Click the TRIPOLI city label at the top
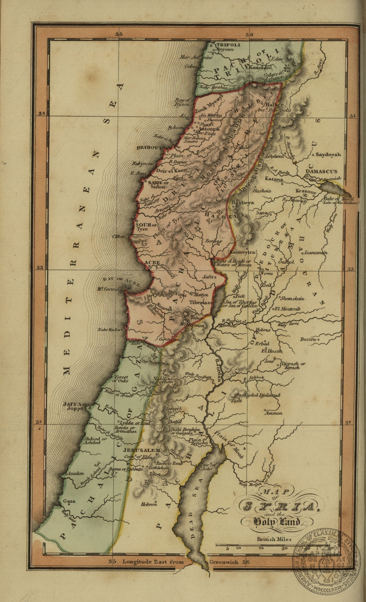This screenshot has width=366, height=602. click(x=228, y=45)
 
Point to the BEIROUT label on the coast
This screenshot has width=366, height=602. click(x=148, y=148)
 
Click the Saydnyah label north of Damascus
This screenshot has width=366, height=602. click(x=328, y=154)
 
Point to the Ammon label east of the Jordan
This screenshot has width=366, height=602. click(x=273, y=413)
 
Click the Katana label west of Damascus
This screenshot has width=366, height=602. click(x=274, y=180)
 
